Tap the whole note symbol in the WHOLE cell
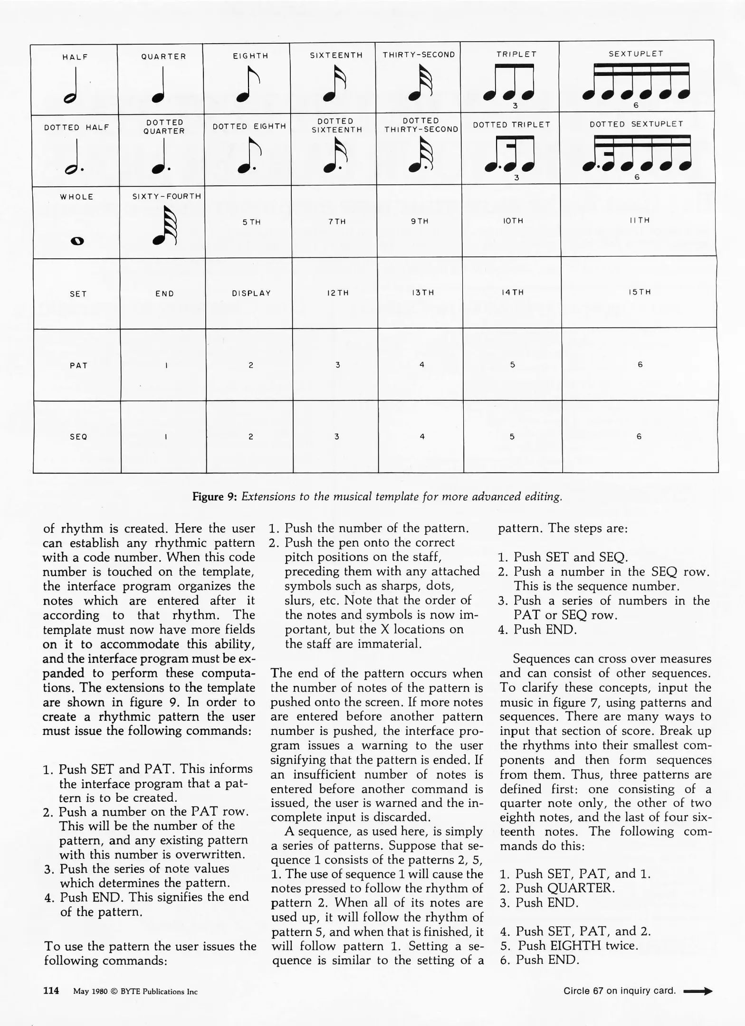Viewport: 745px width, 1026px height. (77, 241)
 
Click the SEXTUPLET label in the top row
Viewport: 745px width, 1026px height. (636, 54)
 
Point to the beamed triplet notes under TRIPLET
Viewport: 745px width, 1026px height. (509, 84)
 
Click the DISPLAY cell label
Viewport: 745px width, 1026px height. (251, 293)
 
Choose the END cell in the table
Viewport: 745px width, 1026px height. (164, 294)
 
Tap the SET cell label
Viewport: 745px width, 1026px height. (78, 294)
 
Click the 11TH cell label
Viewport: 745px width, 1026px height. (640, 220)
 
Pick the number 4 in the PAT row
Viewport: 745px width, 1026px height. (421, 364)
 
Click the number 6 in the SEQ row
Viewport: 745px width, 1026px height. (639, 436)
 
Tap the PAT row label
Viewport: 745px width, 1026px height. (78, 365)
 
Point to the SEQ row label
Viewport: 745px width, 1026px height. (78, 437)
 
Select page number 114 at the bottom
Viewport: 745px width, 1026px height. (51, 990)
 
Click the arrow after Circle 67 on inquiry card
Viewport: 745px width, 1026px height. (697, 991)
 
